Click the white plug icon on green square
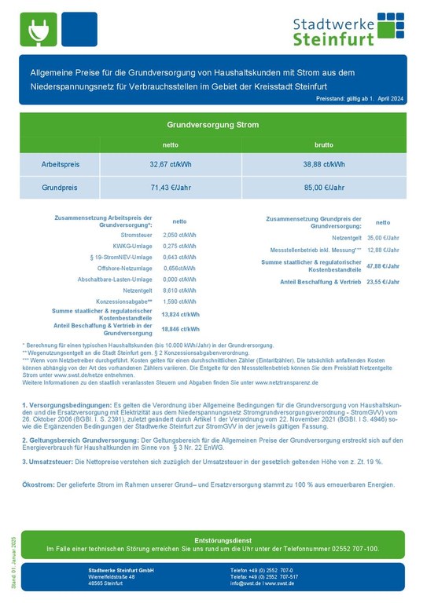pos(37,30)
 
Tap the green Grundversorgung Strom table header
pos(212,125)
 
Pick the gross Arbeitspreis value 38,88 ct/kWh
pos(324,165)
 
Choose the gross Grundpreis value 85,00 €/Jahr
pos(324,188)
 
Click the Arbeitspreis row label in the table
pos(61,165)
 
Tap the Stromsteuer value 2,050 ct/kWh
pos(179,235)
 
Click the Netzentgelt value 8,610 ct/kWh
pos(179,290)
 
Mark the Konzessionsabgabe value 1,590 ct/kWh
pos(179,301)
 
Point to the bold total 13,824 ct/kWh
pos(180,314)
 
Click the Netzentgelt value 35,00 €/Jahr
pos(384,237)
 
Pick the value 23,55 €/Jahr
pos(384,281)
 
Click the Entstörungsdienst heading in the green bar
pos(212,540)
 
